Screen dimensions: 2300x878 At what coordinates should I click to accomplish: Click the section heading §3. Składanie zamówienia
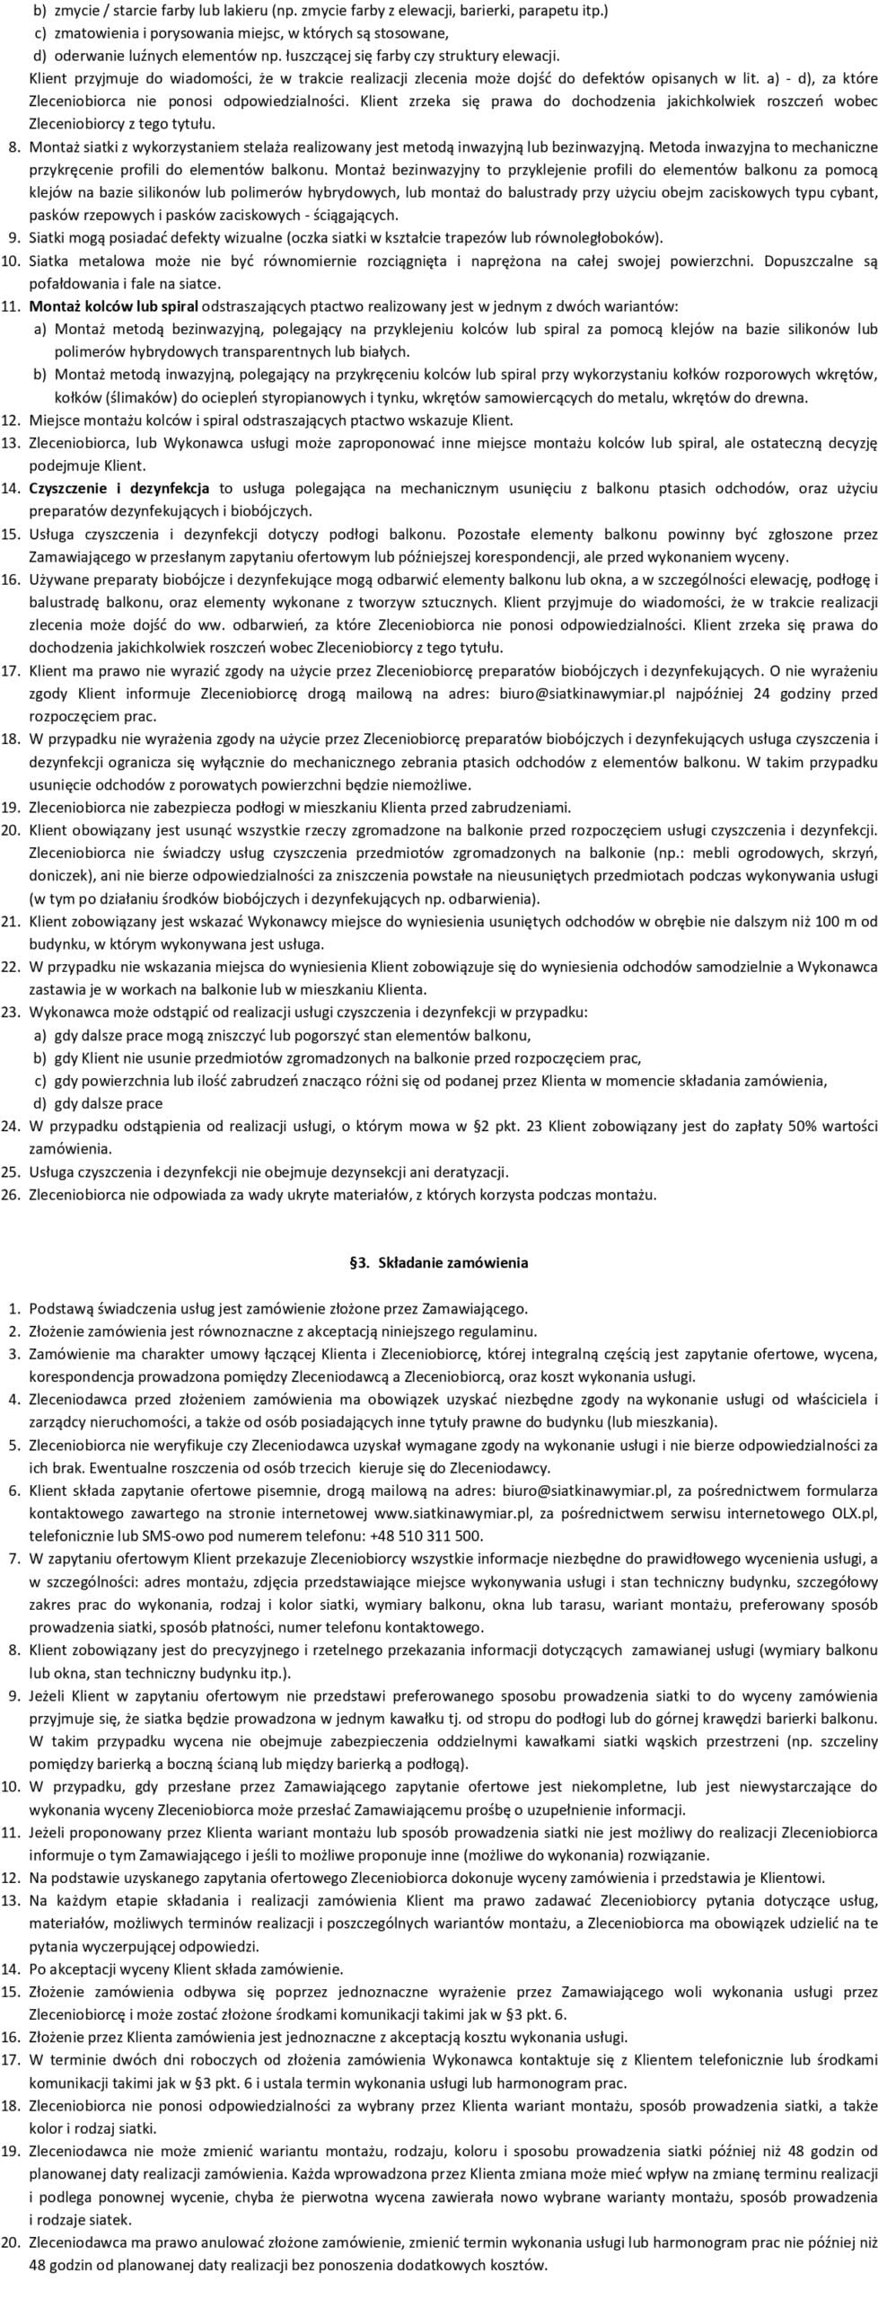[438, 1262]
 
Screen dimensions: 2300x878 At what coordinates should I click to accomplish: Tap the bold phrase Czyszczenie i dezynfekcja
[119, 489]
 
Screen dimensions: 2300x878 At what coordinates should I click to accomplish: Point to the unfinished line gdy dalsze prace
[109, 1103]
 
